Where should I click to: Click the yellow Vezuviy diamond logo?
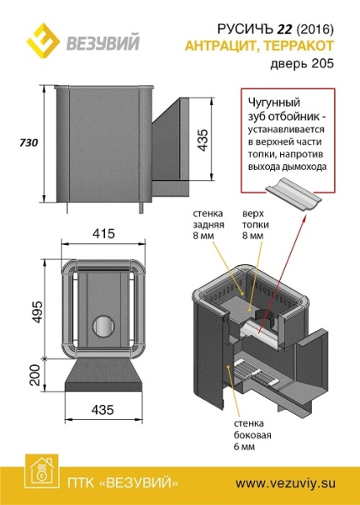pyautogui.click(x=43, y=40)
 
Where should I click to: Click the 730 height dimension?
pyautogui.click(x=29, y=143)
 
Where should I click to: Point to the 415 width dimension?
pyautogui.click(x=103, y=233)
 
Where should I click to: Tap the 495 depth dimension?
pyautogui.click(x=37, y=311)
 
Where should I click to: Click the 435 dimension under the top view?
pyautogui.click(x=103, y=410)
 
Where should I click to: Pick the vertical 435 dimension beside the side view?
pyautogui.click(x=203, y=140)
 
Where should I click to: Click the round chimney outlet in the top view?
pyautogui.click(x=103, y=326)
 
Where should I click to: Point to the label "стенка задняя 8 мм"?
pyautogui.click(x=209, y=225)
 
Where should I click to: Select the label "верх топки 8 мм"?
pyautogui.click(x=256, y=225)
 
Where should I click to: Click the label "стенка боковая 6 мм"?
pyautogui.click(x=252, y=435)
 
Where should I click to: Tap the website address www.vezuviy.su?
pyautogui.click(x=286, y=483)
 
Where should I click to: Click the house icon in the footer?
pyautogui.click(x=42, y=472)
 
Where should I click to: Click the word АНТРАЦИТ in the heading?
pyautogui.click(x=221, y=46)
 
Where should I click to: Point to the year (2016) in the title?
pyautogui.click(x=315, y=29)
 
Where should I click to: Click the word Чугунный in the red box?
pyautogui.click(x=273, y=103)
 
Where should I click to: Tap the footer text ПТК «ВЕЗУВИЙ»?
pyautogui.click(x=124, y=484)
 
